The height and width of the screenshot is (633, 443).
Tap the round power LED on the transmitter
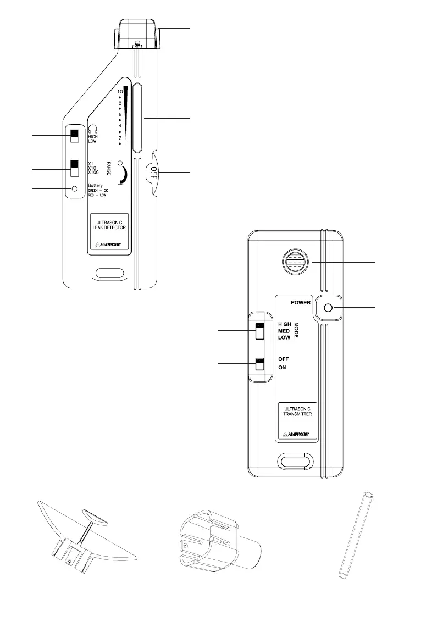tap(329, 308)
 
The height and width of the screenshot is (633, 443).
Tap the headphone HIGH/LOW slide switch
tap(75, 135)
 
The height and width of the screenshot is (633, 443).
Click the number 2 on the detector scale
tap(120, 137)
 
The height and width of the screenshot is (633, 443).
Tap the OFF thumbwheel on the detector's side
tap(154, 173)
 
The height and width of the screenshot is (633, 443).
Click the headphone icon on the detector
tap(93, 129)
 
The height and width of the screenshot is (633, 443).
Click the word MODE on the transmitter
tap(296, 330)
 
